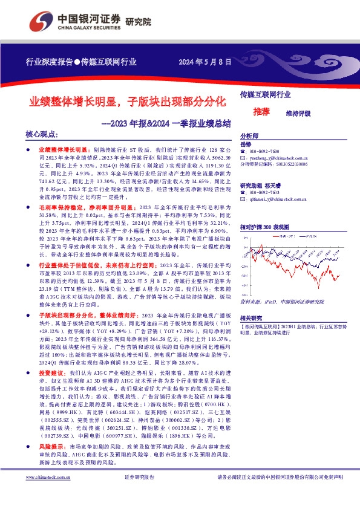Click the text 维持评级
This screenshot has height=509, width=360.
pyautogui.click(x=297, y=112)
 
